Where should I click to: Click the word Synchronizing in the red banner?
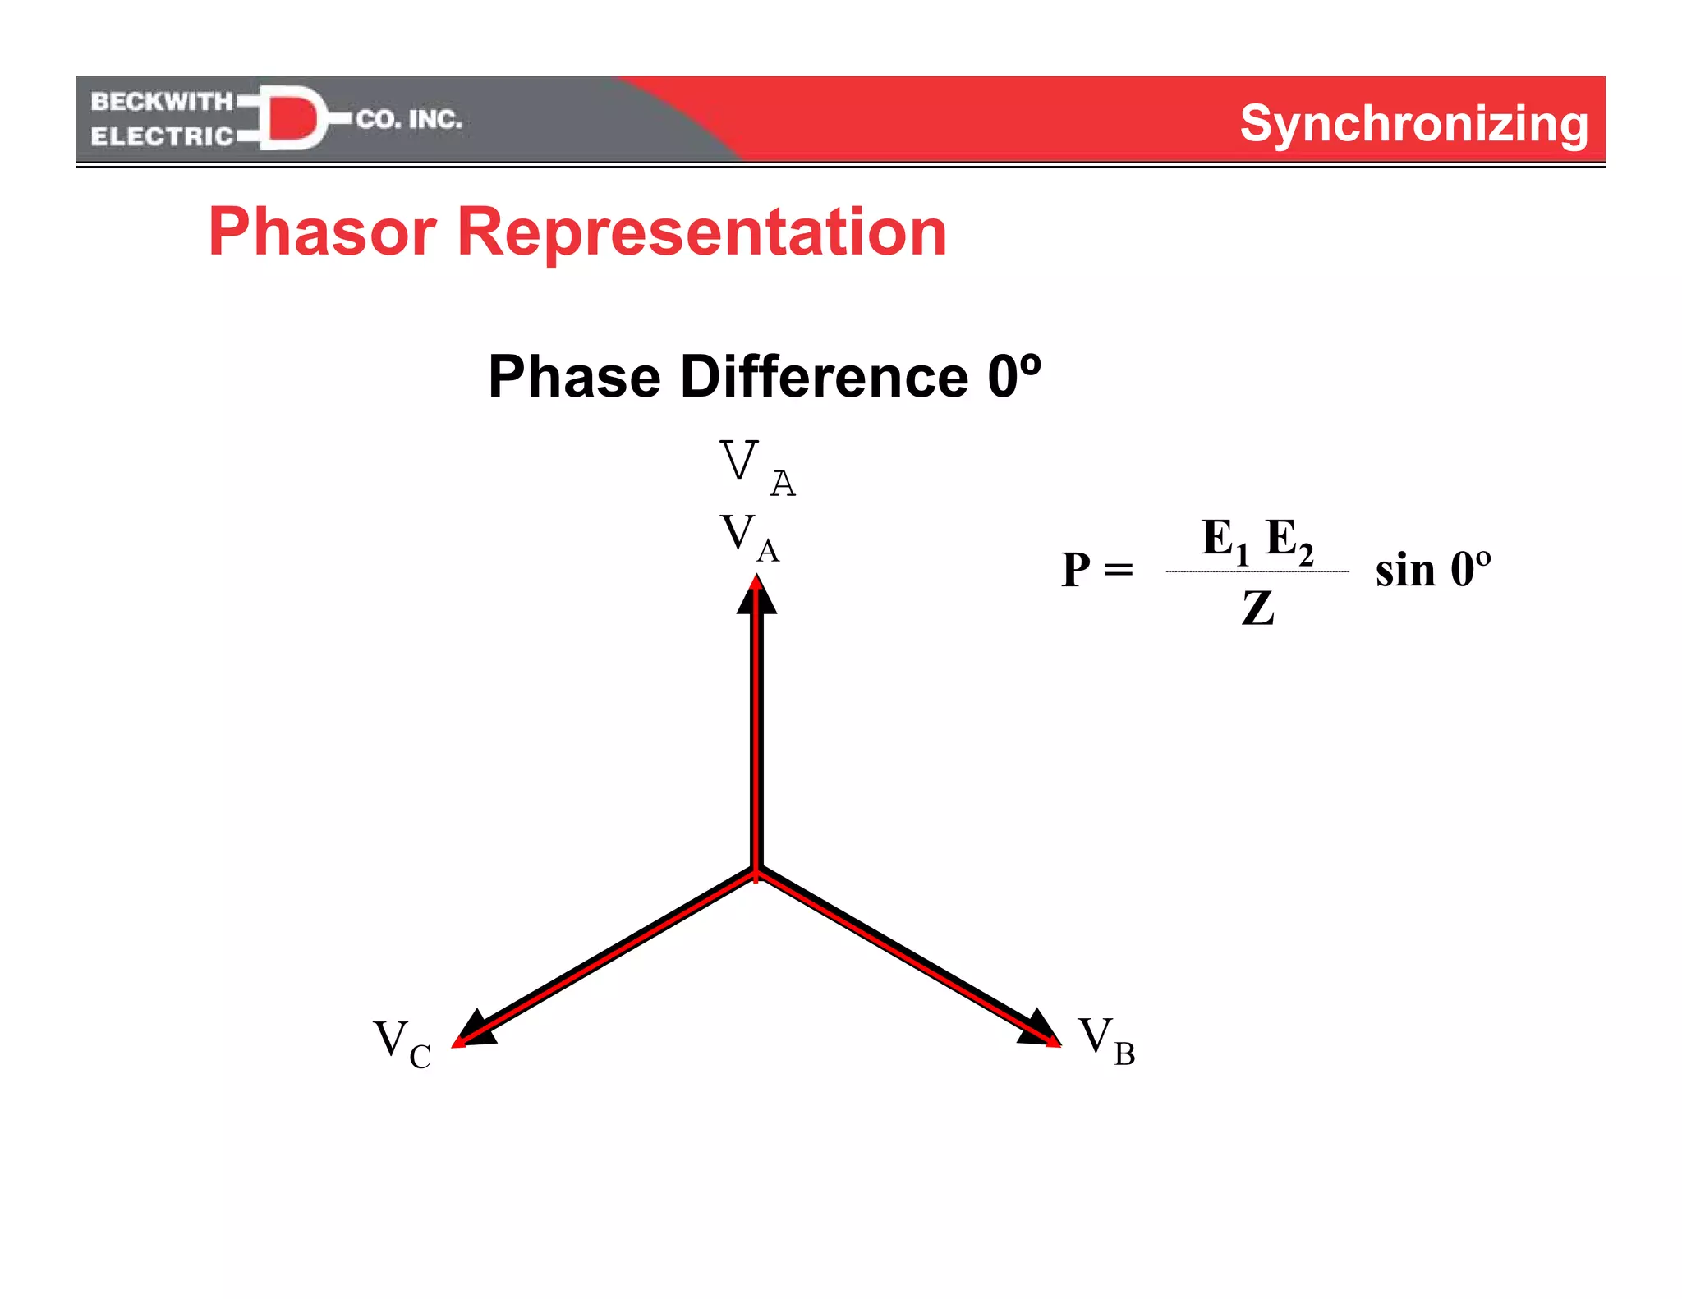(1413, 124)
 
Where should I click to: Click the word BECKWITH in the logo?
(162, 102)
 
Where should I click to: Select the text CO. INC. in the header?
(409, 120)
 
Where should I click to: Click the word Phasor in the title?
(322, 232)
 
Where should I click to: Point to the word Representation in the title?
(701, 232)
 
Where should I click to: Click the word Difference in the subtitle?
(824, 377)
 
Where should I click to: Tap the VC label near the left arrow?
(402, 1044)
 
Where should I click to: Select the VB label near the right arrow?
(1106, 1040)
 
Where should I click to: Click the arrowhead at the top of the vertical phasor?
(756, 595)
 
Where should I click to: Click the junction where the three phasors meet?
(757, 872)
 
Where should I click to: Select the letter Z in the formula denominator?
(1257, 609)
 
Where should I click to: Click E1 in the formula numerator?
(1224, 541)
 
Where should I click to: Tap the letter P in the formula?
(1076, 569)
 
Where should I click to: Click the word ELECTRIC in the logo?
(162, 136)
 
